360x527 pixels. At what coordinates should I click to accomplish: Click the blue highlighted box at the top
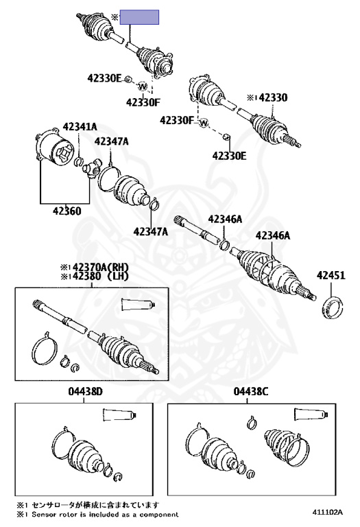[x=139, y=17]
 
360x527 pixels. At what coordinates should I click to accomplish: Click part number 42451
[x=331, y=275]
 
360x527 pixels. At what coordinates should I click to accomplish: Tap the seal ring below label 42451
[x=333, y=307]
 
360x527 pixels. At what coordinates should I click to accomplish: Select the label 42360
[x=67, y=211]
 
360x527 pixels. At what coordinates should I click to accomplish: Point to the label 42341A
[x=80, y=127]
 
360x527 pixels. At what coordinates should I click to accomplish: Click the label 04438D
[x=85, y=391]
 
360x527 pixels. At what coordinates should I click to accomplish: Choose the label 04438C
[x=251, y=391]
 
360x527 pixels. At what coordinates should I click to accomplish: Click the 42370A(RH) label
[x=95, y=267]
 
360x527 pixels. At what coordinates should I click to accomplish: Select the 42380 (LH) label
[x=95, y=276]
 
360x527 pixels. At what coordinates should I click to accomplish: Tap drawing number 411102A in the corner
[x=327, y=512]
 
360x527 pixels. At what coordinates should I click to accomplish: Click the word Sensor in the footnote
[x=43, y=515]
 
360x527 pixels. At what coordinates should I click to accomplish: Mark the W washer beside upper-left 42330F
[x=143, y=86]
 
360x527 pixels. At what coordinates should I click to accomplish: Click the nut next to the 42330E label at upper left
[x=128, y=80]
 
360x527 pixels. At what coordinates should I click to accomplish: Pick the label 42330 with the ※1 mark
[x=267, y=98]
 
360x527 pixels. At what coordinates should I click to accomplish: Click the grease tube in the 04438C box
[x=311, y=414]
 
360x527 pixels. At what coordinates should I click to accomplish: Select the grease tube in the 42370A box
[x=139, y=305]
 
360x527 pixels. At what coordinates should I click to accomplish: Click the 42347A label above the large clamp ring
[x=112, y=141]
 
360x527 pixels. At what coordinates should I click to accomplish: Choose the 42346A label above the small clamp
[x=225, y=219]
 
